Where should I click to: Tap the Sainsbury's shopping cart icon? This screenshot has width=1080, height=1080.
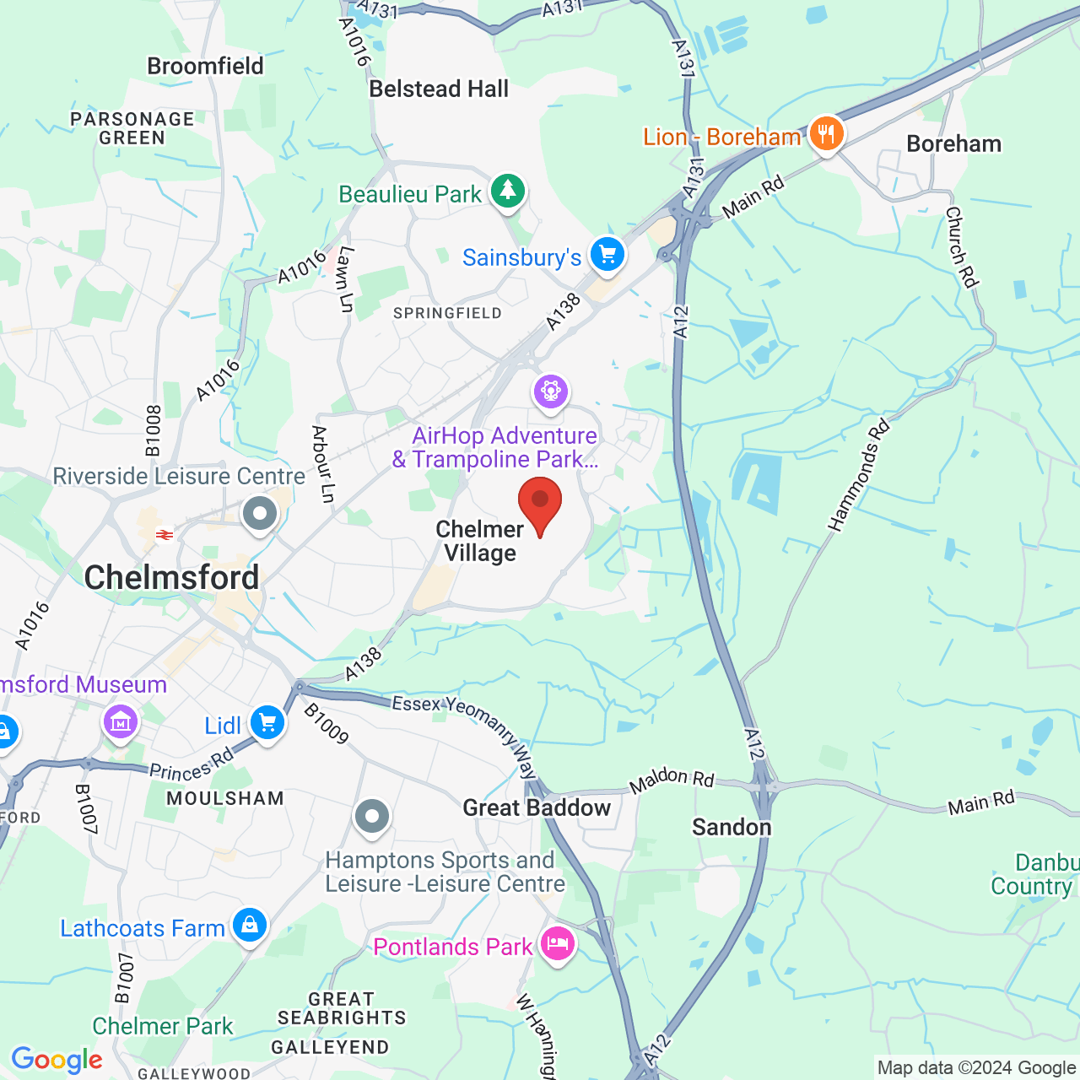coord(607,255)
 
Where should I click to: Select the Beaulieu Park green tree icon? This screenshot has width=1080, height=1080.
coord(507,192)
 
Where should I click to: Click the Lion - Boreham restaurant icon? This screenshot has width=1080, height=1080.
coord(826,134)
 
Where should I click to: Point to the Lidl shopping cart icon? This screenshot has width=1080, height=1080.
coord(267,724)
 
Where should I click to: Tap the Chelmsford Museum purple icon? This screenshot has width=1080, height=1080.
coord(120,722)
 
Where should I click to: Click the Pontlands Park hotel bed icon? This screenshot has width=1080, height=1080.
coord(557,943)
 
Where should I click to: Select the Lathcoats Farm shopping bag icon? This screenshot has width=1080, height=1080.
coord(250,926)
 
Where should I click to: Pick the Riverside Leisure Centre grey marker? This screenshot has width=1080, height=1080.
coord(260,513)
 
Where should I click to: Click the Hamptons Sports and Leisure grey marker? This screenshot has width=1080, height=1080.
coord(372,816)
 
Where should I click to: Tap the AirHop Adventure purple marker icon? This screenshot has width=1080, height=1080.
coord(550,391)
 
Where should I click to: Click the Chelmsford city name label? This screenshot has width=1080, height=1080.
coord(171,578)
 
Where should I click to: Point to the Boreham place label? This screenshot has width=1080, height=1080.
coord(953,144)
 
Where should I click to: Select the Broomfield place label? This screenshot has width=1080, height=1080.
coord(205,66)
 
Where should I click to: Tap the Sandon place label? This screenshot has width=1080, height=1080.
coord(732,827)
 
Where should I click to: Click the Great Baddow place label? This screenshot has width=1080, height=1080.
coord(537,807)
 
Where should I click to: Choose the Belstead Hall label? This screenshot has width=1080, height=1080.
coord(439,89)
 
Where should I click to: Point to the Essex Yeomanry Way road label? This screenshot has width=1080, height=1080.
coord(465,731)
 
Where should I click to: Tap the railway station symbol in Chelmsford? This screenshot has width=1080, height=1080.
coord(165,534)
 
